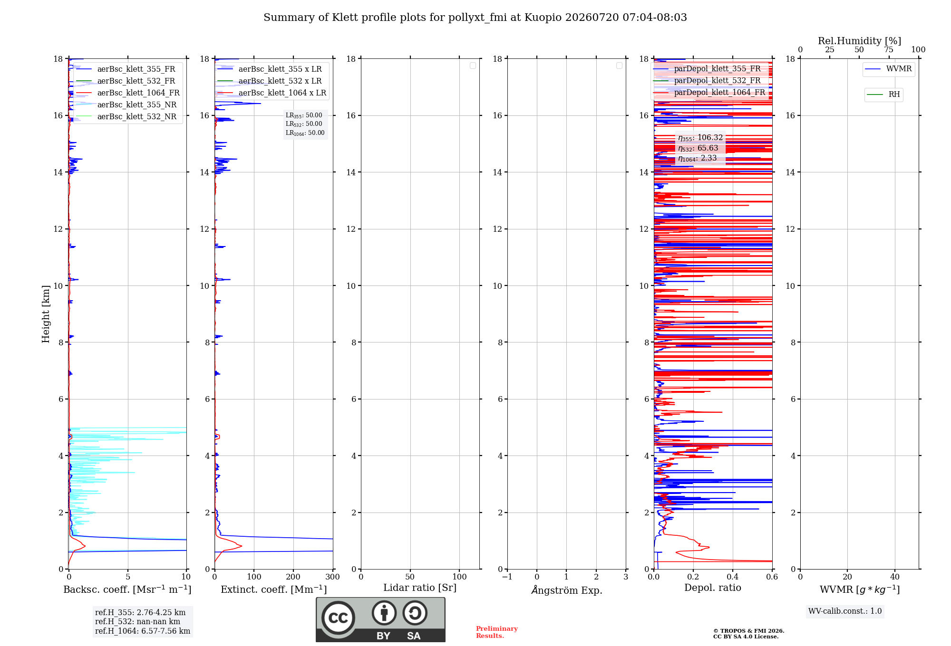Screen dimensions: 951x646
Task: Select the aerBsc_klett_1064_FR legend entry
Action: coord(127,93)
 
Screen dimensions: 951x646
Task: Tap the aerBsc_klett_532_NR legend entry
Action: coord(126,116)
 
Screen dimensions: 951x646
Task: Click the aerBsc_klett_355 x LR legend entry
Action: coord(269,69)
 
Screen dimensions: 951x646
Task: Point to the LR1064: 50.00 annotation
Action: coord(305,133)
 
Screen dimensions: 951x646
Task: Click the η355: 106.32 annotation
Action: coord(700,138)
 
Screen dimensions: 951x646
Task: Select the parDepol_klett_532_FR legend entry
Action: coord(707,80)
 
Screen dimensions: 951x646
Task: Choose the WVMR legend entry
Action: coord(888,69)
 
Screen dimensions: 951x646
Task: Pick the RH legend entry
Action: coord(883,95)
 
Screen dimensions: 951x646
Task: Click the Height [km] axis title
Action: coord(46,314)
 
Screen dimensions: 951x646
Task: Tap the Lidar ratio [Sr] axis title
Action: coord(420,588)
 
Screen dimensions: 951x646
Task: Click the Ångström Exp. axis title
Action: coord(567,590)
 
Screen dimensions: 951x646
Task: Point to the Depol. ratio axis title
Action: coord(713,588)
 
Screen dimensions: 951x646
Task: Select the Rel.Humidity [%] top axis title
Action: coord(860,41)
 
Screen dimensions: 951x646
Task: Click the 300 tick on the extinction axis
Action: coord(333,577)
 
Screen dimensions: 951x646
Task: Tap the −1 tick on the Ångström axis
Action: coord(507,577)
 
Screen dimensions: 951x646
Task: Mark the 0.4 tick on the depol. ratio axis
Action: coord(733,577)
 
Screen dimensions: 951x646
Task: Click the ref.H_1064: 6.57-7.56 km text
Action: coord(143,631)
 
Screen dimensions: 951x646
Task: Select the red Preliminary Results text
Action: coord(497,632)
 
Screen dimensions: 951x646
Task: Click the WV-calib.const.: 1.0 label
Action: coord(845,611)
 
